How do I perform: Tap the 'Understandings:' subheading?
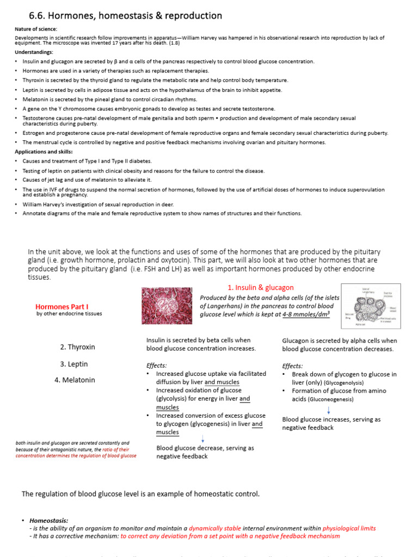tap(34, 52)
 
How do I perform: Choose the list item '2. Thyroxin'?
tap(77, 346)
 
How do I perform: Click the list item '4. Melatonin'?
tap(75, 380)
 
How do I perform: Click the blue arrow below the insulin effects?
tap(203, 438)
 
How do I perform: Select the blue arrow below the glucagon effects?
tap(329, 410)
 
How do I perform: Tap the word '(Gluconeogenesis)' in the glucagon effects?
tap(330, 400)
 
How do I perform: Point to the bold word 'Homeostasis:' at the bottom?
tap(49, 521)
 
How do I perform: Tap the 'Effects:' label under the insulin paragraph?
tap(157, 366)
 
